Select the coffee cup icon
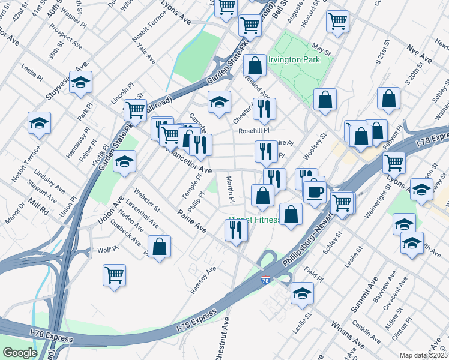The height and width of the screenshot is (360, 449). click(315, 193)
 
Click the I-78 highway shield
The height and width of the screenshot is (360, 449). click(266, 280)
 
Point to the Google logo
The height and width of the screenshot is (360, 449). click(20, 353)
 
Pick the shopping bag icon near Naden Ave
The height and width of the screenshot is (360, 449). click(159, 246)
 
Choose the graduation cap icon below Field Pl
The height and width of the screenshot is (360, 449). click(301, 293)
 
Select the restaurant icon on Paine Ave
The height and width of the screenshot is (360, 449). click(236, 230)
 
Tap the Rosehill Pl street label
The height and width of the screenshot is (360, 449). click(254, 130)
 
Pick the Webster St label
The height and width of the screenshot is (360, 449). click(146, 200)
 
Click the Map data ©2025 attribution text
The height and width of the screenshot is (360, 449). click(423, 355)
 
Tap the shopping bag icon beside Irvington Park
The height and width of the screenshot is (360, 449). click(255, 65)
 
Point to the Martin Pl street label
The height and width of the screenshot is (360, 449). click(229, 188)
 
